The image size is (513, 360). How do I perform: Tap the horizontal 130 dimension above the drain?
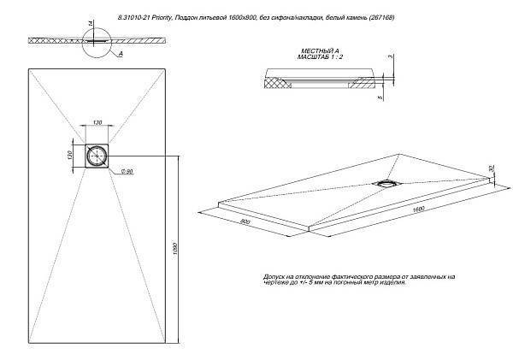click(x=97, y=123)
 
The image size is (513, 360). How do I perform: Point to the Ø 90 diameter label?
click(x=126, y=172)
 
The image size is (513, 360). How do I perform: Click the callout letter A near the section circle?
click(x=121, y=52)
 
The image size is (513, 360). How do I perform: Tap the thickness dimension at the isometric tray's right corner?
click(x=492, y=169)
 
